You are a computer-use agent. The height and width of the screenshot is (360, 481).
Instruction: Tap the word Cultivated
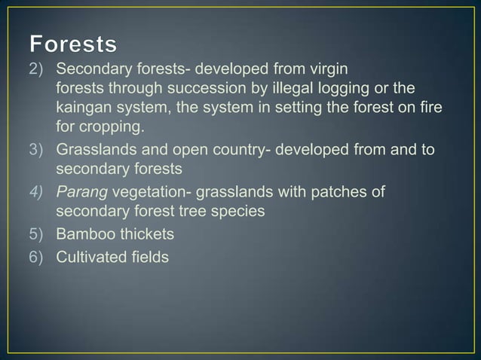[92, 257]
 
